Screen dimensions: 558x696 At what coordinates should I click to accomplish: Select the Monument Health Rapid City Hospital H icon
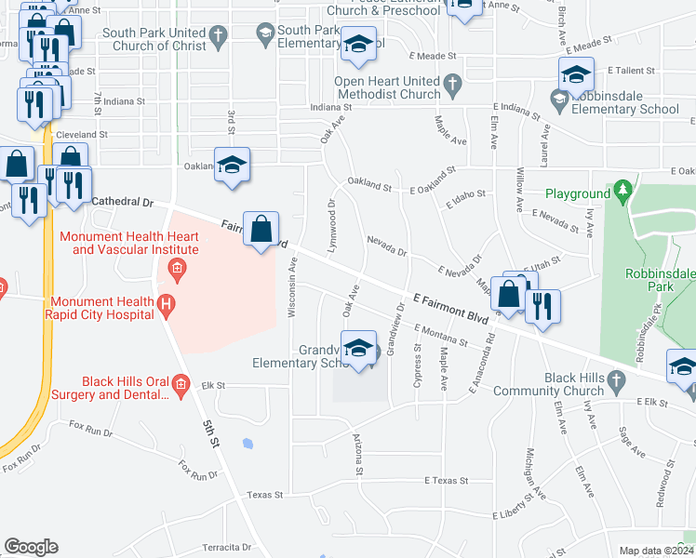pos(166,303)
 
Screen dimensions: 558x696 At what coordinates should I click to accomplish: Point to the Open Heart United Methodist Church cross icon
pos(452,85)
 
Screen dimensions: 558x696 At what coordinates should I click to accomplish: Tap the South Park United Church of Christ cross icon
pos(218,37)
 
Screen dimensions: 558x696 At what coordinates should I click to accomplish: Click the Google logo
pos(31,547)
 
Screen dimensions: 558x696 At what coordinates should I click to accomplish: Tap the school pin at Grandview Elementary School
pos(358,348)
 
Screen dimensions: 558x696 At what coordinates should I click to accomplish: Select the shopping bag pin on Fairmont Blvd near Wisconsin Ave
pos(261,229)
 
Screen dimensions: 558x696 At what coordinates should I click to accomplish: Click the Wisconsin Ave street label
pos(292,289)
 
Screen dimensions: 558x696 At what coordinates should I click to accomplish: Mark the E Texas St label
pos(446,481)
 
